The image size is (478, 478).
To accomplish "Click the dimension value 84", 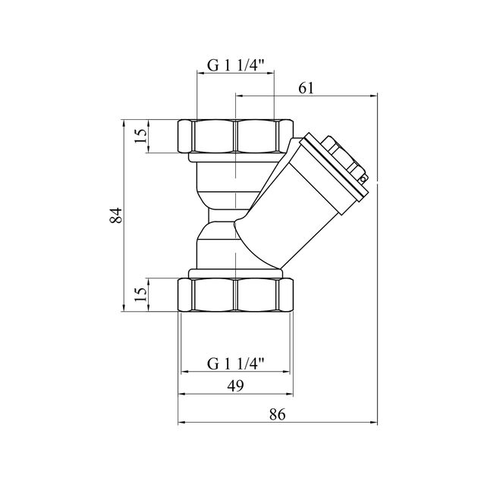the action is pyautogui.click(x=116, y=215).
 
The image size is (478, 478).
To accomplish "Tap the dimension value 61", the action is pyautogui.click(x=306, y=89).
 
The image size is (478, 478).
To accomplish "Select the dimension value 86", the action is pyautogui.click(x=278, y=414).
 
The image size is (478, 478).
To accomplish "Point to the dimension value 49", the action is pyautogui.click(x=236, y=386).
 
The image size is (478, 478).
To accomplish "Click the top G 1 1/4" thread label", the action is pyautogui.click(x=235, y=65).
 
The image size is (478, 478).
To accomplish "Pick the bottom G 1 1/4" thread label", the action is pyautogui.click(x=235, y=363).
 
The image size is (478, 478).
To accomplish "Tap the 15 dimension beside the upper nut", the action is pyautogui.click(x=141, y=136).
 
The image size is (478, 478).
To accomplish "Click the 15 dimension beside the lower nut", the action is pyautogui.click(x=141, y=294).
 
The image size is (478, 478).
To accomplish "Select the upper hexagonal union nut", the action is pyautogui.click(x=235, y=136).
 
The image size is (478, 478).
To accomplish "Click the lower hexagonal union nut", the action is pyautogui.click(x=235, y=295).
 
